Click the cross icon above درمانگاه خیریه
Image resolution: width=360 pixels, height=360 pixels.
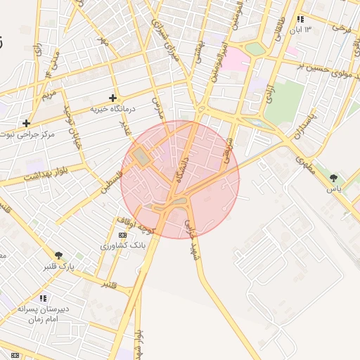tap(112, 98)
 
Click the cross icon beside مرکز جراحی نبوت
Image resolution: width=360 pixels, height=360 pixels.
tap(26, 123)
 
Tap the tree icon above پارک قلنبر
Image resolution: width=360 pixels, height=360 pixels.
tap(59, 255)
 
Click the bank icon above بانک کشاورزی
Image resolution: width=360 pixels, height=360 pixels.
tap(123, 235)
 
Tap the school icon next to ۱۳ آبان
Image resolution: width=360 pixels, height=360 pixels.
tap(301, 19)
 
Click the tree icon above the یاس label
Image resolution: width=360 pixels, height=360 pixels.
tap(333, 178)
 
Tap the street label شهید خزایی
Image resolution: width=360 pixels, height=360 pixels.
tap(191, 236)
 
